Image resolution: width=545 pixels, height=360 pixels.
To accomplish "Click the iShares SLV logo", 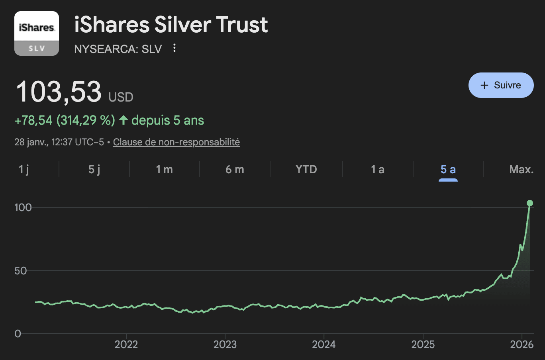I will click(x=37, y=33).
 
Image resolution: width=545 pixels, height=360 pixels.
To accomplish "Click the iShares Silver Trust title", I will click(x=171, y=25).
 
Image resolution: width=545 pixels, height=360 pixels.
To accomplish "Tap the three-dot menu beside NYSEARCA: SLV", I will click(x=174, y=48).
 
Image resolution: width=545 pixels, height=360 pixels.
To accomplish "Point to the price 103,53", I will click(x=59, y=92).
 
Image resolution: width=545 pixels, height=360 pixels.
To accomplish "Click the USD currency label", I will click(x=121, y=97).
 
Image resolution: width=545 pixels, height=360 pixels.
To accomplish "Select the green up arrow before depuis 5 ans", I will click(x=124, y=120).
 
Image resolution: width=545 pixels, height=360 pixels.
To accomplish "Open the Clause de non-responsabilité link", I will click(x=176, y=142).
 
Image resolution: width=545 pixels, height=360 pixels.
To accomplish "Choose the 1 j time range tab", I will click(x=24, y=170).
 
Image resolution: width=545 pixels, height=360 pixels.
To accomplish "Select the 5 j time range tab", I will click(x=94, y=170).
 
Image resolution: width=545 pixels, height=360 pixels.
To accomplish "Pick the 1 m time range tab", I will click(x=164, y=170).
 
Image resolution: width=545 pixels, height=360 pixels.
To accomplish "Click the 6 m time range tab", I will click(x=235, y=170).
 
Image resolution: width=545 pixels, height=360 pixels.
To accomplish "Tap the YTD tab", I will click(x=306, y=170).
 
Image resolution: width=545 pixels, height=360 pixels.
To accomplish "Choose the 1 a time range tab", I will click(x=378, y=170).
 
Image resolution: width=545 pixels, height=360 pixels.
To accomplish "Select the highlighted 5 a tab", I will click(x=448, y=170).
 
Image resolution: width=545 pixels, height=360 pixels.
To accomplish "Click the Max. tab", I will click(x=521, y=170).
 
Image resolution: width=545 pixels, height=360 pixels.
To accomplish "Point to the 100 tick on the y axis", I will click(x=23, y=207).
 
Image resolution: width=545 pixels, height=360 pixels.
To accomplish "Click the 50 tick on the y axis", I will click(x=20, y=271).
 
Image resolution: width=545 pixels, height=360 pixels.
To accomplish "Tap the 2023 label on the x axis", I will click(x=225, y=344).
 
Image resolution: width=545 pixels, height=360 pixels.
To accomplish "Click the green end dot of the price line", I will click(x=530, y=203).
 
